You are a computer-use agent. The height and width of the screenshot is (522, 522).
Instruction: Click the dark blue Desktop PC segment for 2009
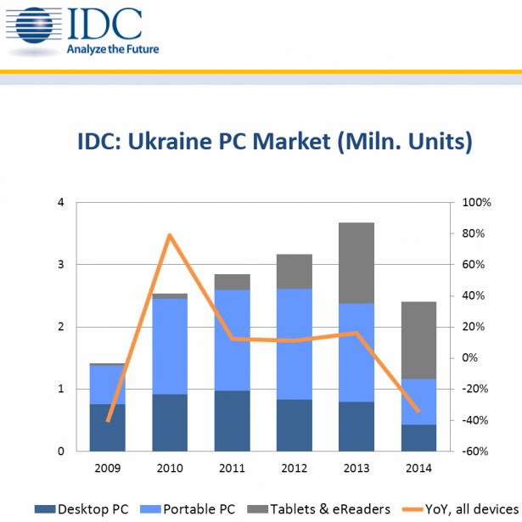[108, 427]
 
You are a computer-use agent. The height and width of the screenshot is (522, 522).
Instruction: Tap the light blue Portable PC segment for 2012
[295, 344]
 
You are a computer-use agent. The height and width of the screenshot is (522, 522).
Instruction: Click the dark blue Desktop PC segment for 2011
[232, 420]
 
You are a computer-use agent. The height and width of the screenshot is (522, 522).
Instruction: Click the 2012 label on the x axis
[295, 468]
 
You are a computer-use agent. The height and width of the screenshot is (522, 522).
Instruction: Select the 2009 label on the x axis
[108, 468]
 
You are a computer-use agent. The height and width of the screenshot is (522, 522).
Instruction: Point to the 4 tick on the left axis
[60, 203]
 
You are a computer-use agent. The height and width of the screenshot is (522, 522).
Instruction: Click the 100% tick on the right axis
[473, 203]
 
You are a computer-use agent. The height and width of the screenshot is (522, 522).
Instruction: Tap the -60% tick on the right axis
[471, 452]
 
